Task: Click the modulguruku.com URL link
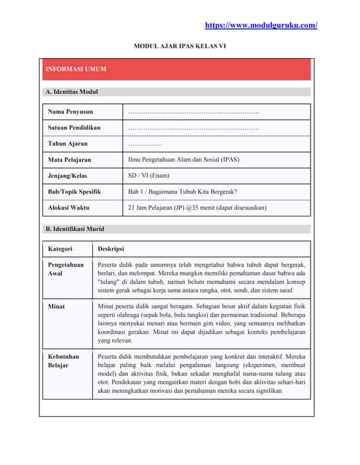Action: click(x=261, y=25)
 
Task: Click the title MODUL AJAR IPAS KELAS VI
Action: click(x=179, y=46)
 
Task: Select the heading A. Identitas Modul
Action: click(x=71, y=92)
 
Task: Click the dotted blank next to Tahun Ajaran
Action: click(x=145, y=145)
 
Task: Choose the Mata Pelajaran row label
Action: click(x=70, y=160)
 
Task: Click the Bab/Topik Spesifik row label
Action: click(x=74, y=192)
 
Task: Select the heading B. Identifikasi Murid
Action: click(x=74, y=229)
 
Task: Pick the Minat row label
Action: click(x=57, y=307)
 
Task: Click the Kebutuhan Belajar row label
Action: click(x=64, y=362)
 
